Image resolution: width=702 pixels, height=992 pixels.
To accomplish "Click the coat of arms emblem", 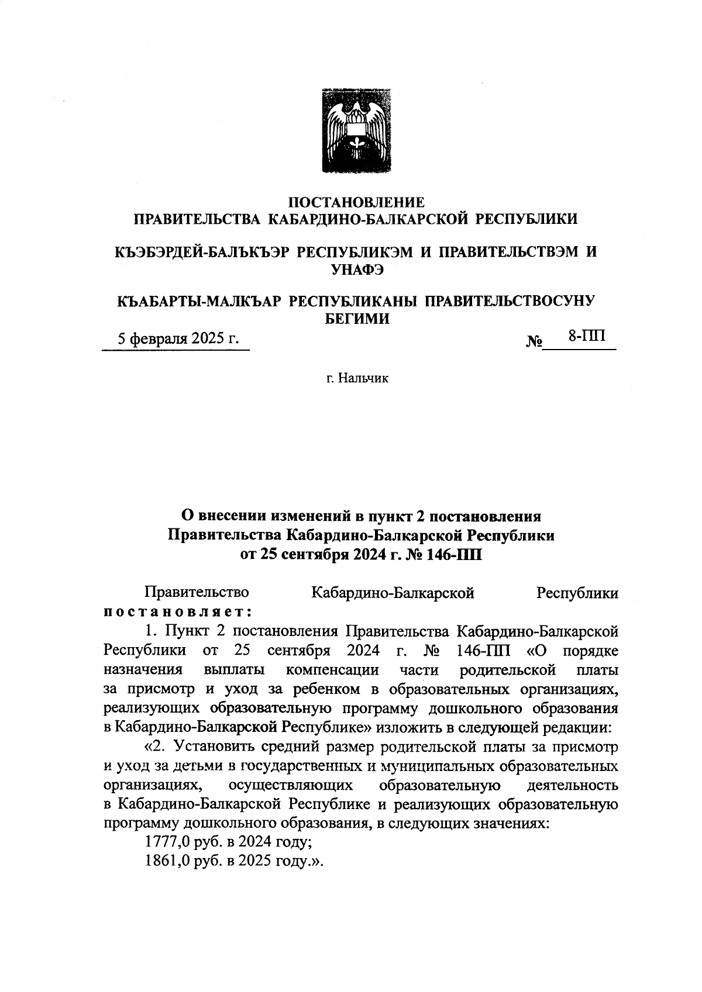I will pyautogui.click(x=356, y=130).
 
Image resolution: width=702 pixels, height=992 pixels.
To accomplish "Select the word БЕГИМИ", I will pyautogui.click(x=356, y=319).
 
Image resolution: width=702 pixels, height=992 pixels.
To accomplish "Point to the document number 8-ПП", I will pyautogui.click(x=586, y=336).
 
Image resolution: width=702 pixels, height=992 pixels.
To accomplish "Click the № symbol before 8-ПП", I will pyautogui.click(x=535, y=341).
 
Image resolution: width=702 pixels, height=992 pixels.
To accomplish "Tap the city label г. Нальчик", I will pyautogui.click(x=357, y=379).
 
